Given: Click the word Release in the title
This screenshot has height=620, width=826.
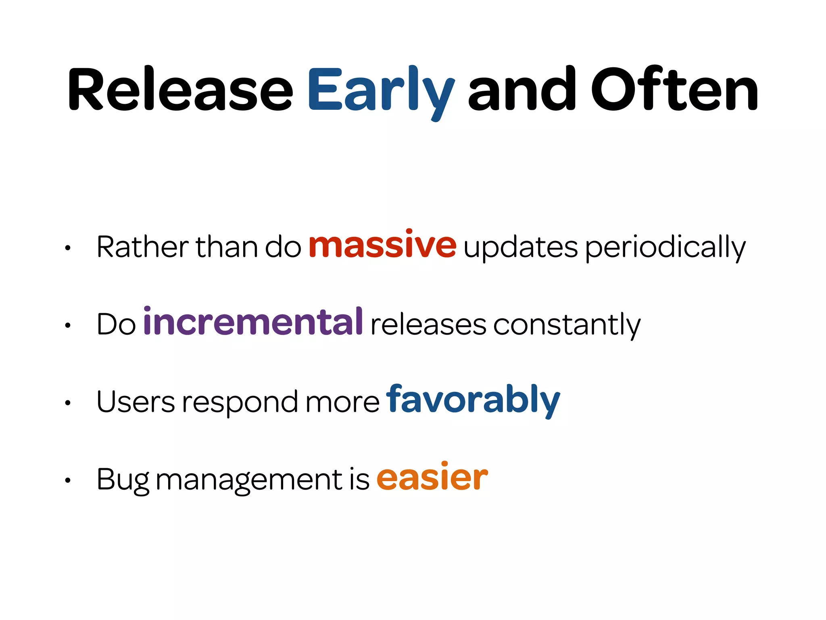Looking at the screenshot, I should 180,90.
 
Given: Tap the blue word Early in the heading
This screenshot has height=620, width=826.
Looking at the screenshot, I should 381,90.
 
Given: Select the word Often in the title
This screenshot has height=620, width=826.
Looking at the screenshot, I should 674,90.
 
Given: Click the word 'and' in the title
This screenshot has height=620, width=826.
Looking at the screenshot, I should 522,90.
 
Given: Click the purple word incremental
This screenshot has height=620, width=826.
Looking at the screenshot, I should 253,322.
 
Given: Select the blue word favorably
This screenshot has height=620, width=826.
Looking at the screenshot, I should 473,400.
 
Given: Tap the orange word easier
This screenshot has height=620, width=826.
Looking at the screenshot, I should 432,478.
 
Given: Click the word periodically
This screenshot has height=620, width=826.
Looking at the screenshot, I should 665,247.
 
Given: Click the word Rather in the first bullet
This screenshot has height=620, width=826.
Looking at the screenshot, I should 142,247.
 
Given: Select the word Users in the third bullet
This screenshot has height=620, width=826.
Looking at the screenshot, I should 136,402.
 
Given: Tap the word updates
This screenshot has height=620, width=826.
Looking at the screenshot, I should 520,247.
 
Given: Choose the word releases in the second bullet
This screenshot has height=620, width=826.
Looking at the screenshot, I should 428,325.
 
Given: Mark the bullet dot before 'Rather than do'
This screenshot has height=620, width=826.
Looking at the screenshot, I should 68,248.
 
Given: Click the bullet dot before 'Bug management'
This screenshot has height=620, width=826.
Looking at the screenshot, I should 68,480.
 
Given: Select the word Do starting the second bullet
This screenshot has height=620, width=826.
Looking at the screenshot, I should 116,324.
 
